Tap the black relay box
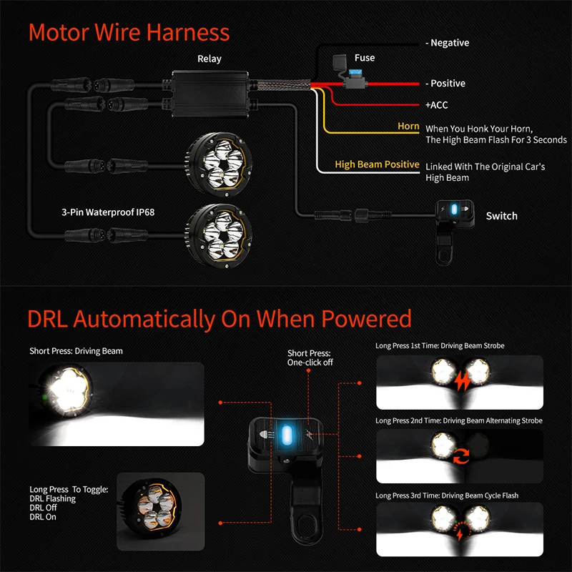210,94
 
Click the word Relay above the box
209,59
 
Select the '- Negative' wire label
448,43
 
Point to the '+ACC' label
436,105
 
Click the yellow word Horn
408,127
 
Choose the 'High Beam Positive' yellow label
377,164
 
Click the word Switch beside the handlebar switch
502,216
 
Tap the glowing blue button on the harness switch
454,209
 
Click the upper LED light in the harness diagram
219,164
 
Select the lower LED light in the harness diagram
219,236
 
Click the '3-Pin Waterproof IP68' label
108,212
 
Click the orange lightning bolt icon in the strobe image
462,381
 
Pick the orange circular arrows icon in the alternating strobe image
461,456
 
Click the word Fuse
365,58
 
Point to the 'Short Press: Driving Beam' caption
76,351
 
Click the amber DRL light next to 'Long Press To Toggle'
152,506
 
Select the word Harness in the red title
188,32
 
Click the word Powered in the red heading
367,319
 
